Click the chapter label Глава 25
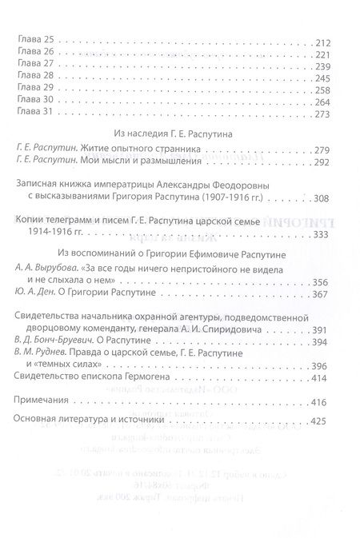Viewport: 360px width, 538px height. (x=34, y=41)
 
